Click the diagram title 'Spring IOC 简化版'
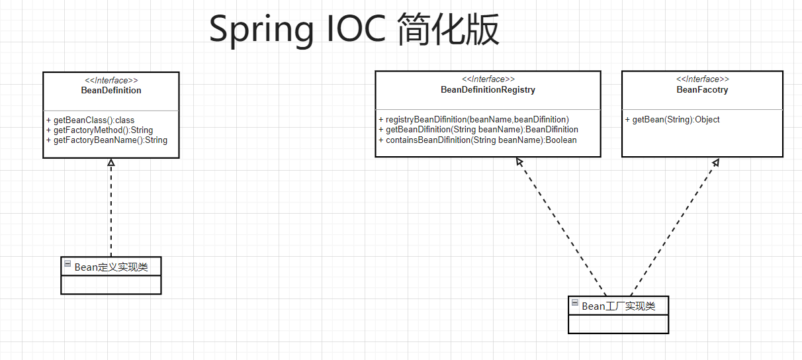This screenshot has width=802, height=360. tap(354, 30)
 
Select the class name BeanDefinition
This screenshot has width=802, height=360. tap(111, 90)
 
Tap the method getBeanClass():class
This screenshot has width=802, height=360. tap(90, 120)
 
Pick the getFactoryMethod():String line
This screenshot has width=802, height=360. tap(99, 130)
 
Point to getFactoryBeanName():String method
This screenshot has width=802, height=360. tap(107, 140)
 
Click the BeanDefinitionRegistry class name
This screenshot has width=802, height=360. tap(488, 89)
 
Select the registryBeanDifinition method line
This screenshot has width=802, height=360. tap(473, 120)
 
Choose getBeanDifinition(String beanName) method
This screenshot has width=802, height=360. tap(478, 130)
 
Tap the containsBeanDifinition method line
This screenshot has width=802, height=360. tap(477, 140)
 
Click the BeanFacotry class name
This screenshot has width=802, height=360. tap(702, 89)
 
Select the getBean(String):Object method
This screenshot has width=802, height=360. tap(672, 120)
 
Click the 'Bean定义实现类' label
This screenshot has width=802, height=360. tap(111, 267)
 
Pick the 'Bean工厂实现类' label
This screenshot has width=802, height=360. tap(618, 306)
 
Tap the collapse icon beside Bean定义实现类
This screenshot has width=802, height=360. tap(67, 264)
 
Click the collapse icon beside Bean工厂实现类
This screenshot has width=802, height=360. tap(575, 303)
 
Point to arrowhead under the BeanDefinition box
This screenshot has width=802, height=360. tap(111, 162)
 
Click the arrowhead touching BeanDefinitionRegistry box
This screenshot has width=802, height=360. tap(519, 161)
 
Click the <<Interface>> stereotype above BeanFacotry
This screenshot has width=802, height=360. tap(702, 79)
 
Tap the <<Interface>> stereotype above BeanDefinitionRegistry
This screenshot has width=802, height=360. tap(488, 79)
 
